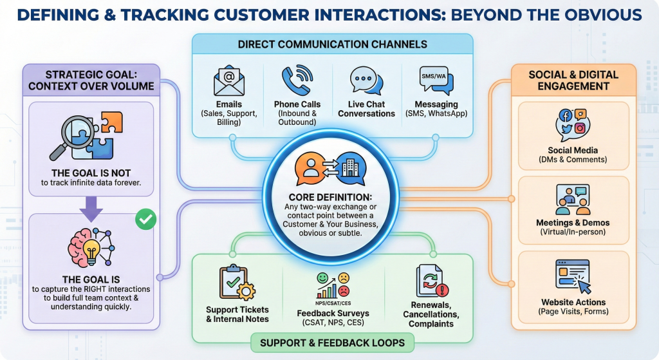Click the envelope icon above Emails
228,82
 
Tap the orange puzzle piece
111,121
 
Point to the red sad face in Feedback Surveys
344,279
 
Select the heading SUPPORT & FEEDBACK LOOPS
332,343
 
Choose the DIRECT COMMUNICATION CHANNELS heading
332,44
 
